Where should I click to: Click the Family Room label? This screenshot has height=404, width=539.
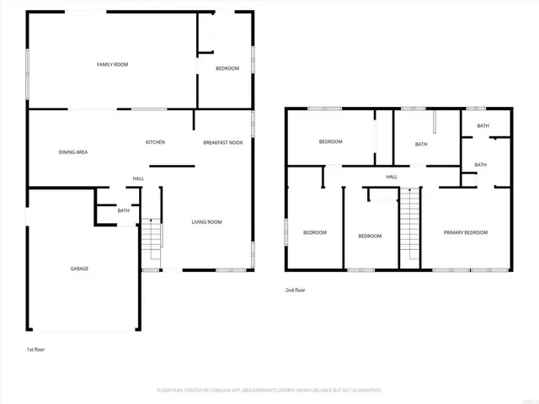click(112, 64)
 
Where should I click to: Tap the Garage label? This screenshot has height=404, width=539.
click(79, 268)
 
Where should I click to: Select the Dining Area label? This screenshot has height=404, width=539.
click(73, 152)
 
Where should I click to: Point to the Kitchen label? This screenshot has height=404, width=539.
click(155, 142)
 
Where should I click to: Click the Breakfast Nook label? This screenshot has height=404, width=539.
click(222, 142)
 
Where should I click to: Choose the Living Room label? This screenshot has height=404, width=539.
click(206, 221)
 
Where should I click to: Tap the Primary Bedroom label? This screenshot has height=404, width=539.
click(466, 232)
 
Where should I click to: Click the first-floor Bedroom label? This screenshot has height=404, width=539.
click(227, 68)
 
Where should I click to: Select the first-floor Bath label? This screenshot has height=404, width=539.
click(123, 210)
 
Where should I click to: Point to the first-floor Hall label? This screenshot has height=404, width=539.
click(138, 178)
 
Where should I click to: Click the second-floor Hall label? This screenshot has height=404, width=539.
click(392, 177)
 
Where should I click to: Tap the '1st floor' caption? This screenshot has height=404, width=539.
click(36, 348)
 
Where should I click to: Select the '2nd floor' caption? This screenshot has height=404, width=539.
click(296, 290)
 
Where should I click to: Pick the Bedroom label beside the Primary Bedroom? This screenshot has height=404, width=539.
click(370, 236)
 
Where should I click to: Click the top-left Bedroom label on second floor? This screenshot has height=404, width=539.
click(330, 141)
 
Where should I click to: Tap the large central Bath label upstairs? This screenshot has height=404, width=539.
click(421, 144)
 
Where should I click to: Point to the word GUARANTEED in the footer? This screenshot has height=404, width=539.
click(366, 391)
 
